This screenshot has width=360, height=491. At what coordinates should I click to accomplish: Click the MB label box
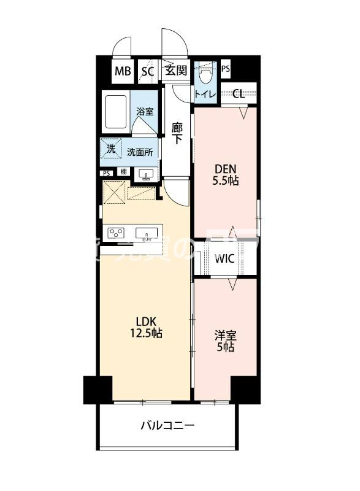122,71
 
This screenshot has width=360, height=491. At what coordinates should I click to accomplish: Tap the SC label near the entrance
147,71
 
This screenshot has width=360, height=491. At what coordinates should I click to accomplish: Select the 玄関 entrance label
176,71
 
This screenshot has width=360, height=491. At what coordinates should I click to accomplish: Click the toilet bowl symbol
204,76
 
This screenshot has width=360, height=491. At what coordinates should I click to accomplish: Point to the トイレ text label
204,95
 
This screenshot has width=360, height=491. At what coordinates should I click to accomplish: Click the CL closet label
239,94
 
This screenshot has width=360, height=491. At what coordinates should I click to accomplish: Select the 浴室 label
145,112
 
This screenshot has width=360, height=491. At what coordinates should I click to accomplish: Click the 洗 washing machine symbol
110,149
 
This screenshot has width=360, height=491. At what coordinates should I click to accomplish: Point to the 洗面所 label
140,152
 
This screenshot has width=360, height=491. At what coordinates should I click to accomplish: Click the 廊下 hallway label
177,133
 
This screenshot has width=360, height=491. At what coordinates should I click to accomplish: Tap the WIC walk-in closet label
224,258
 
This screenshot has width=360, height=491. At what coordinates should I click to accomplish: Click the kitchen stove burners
117,233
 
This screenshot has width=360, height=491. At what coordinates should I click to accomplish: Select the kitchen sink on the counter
147,233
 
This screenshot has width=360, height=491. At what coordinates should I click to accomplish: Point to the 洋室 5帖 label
224,341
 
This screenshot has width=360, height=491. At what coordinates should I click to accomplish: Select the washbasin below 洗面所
145,174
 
